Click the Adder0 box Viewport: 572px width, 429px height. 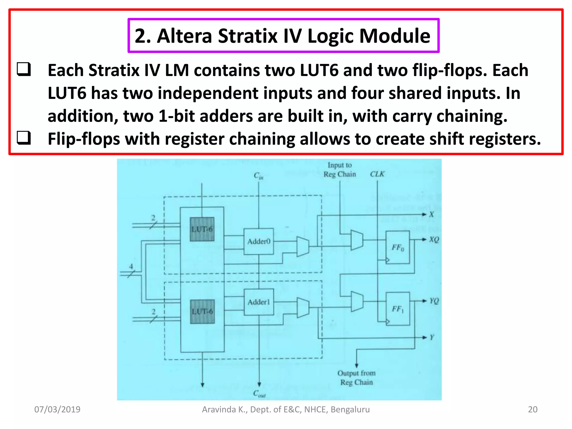click(x=258, y=241)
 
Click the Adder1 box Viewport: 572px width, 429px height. click(x=259, y=302)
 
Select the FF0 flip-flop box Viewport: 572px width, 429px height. click(x=397, y=247)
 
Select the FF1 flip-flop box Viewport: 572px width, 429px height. click(x=398, y=309)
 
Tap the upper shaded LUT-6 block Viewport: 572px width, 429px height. click(x=202, y=229)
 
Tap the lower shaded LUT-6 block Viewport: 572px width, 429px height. click(x=202, y=311)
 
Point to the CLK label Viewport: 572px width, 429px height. click(x=377, y=174)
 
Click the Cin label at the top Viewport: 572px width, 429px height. click(x=258, y=176)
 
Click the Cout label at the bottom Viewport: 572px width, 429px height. click(x=259, y=394)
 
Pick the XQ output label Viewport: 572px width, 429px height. click(x=434, y=240)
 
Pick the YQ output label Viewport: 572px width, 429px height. click(x=434, y=301)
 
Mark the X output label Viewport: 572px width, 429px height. click(x=432, y=214)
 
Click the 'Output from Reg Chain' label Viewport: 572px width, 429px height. click(x=356, y=378)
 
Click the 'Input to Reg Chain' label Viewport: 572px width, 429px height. click(x=340, y=170)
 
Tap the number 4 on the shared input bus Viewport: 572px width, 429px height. click(x=131, y=266)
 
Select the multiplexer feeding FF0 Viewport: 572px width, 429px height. click(x=357, y=240)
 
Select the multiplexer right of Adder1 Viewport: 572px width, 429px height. click(x=303, y=308)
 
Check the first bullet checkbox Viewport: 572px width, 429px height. click(x=24, y=69)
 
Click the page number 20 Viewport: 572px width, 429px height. click(x=532, y=409)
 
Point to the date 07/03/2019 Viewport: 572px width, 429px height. click(x=57, y=409)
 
